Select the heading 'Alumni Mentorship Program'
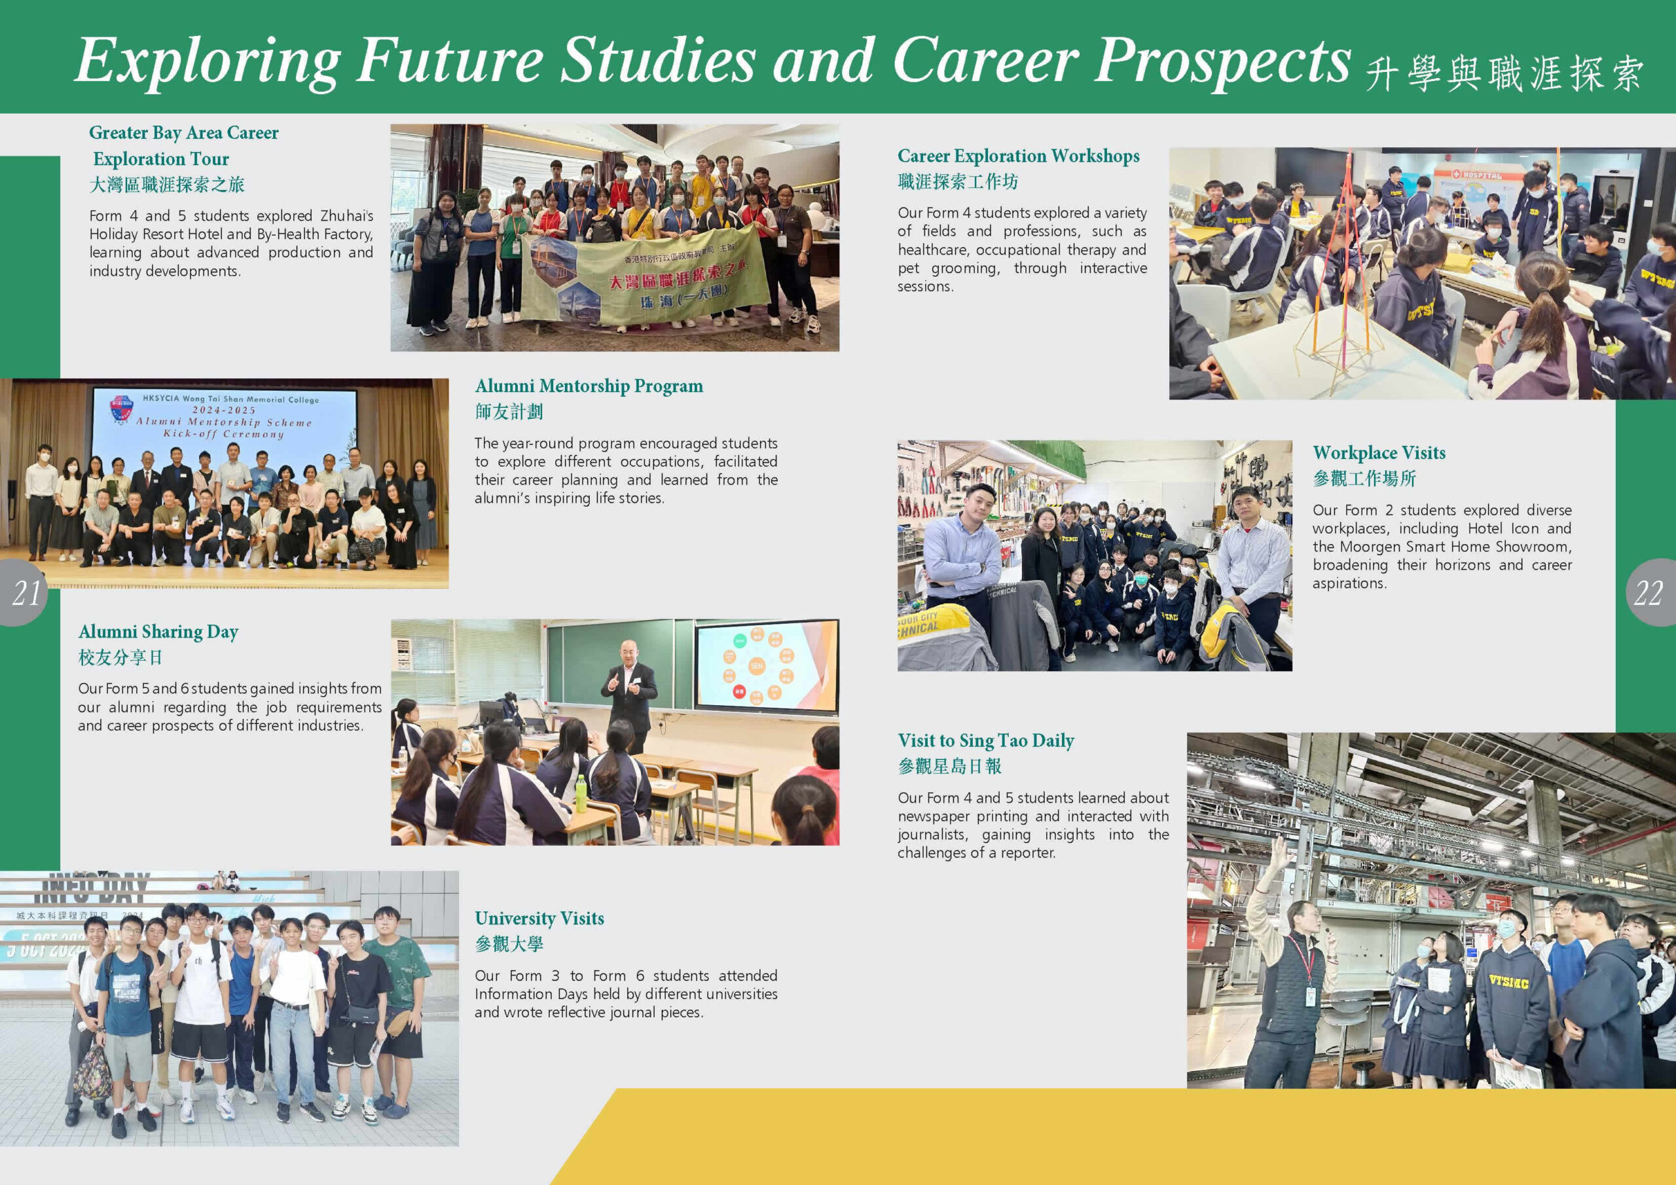pyautogui.click(x=589, y=386)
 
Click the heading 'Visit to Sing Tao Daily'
pyautogui.click(x=985, y=740)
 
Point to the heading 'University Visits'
pyautogui.click(x=539, y=918)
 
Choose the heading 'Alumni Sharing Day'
pyautogui.click(x=158, y=632)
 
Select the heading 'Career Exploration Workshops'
pyautogui.click(x=1017, y=156)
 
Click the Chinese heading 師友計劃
pyautogui.click(x=509, y=412)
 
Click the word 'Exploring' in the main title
pyautogui.click(x=208, y=62)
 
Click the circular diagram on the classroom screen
pyautogui.click(x=757, y=665)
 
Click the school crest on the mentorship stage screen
pyautogui.click(x=120, y=410)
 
